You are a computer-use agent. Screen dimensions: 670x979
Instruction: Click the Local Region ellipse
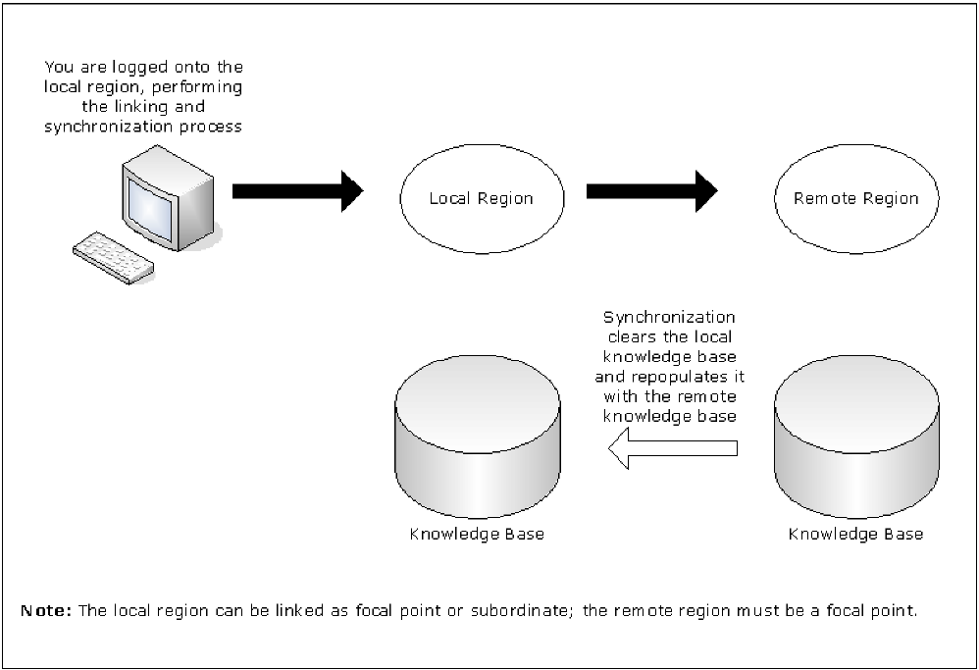[481, 199]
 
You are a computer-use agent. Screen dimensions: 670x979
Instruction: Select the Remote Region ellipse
[855, 199]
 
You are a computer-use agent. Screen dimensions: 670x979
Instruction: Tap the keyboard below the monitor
[113, 257]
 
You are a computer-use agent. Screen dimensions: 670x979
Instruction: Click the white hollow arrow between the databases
[672, 449]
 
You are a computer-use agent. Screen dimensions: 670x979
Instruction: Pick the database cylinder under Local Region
[477, 441]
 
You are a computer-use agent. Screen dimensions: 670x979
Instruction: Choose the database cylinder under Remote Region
[855, 441]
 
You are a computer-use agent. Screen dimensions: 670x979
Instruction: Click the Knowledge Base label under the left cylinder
[477, 535]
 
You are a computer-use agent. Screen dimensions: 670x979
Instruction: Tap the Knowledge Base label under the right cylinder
[855, 535]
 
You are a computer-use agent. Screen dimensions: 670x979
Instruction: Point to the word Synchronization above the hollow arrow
[669, 317]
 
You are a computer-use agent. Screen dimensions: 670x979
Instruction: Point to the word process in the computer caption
[213, 128]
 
